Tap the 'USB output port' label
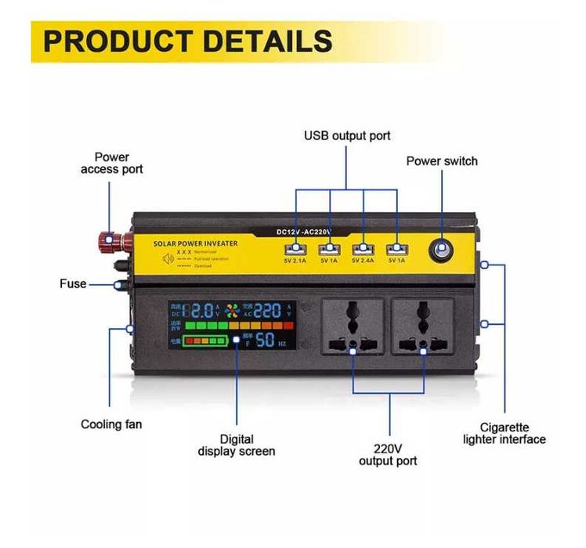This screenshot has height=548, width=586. tap(347, 136)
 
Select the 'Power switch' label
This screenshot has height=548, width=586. tap(441, 161)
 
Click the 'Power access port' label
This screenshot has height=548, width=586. tap(111, 163)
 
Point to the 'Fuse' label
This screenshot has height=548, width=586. tap(73, 283)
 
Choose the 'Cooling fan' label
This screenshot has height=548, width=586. tap(111, 424)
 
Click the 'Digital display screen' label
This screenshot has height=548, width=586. tap(237, 445)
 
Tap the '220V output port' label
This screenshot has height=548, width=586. tap(388, 455)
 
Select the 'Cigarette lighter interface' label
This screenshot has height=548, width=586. tap(504, 433)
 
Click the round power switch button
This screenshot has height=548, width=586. tap(441, 250)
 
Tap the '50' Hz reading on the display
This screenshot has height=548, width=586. tap(264, 340)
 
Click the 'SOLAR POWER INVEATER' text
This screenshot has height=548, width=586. tap(196, 243)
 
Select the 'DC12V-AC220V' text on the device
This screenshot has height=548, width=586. tap(305, 231)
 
